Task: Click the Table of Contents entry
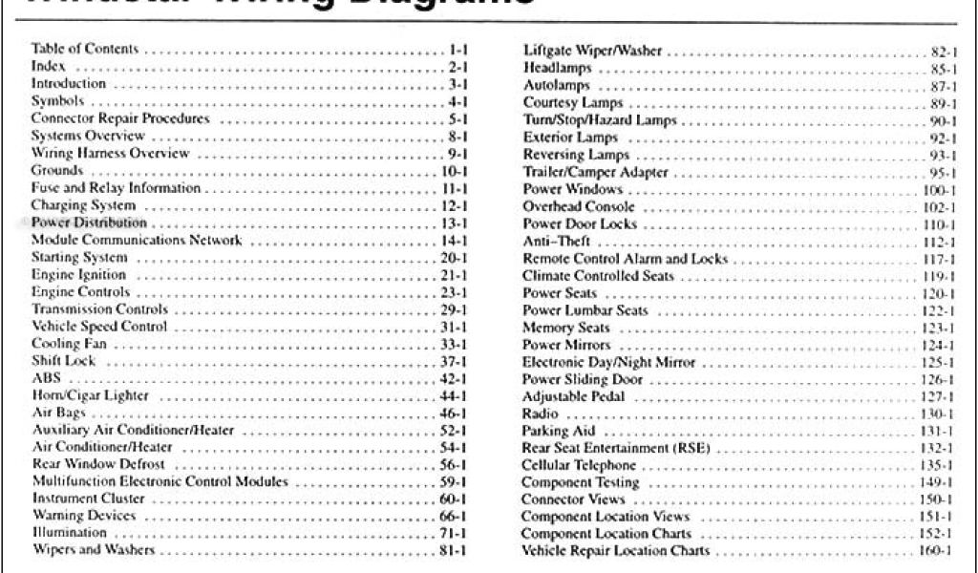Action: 85,49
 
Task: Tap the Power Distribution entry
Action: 89,223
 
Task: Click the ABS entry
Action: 45,378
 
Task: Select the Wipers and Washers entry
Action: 94,551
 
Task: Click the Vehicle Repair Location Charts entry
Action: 616,551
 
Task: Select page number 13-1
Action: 447,223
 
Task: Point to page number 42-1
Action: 447,379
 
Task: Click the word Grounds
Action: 56,171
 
